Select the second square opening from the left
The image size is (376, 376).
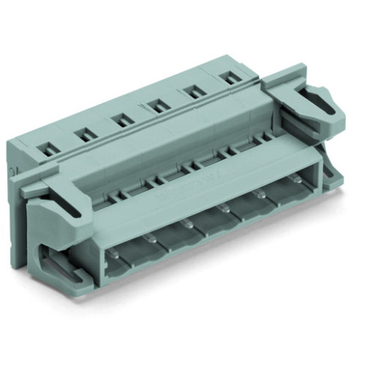pos(83,134)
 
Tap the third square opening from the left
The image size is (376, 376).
pos(119,119)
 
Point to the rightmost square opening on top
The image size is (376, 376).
pos(229,75)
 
